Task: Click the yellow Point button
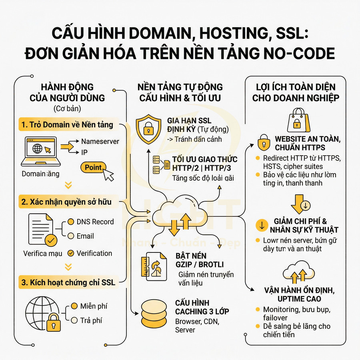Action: coord(93,168)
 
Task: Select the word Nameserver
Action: coord(100,141)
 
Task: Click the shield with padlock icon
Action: coord(148,127)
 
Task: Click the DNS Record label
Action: coord(95,222)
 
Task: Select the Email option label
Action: coord(85,236)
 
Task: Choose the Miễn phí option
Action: coord(94,306)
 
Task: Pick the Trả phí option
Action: coord(91,320)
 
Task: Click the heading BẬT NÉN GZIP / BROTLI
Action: coord(199,260)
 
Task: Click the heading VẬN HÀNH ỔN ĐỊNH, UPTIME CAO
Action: coord(298,294)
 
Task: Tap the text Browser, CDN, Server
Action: coord(194,326)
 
